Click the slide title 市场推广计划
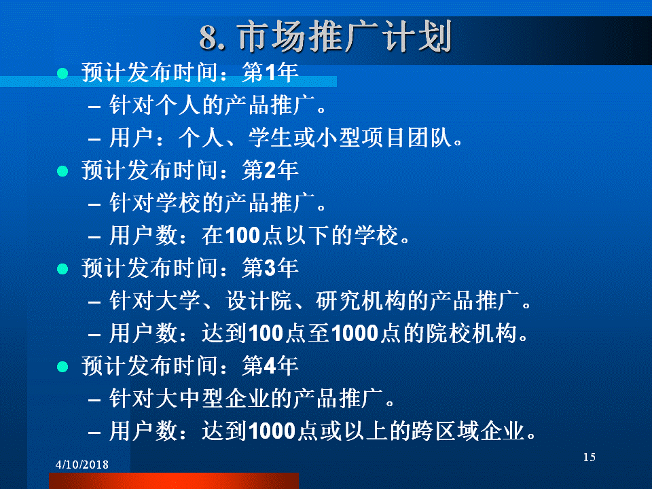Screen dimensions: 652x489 345,37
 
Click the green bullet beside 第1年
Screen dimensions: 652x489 62,73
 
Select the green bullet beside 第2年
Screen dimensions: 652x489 62,171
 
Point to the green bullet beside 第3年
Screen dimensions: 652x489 62,269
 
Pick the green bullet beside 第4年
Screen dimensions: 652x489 62,366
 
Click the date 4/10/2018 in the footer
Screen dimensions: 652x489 82,465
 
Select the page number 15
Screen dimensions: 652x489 590,457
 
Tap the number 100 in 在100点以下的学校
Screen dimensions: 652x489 243,236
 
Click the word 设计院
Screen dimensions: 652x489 259,300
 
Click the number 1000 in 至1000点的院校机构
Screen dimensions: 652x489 355,333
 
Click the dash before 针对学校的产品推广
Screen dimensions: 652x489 94,204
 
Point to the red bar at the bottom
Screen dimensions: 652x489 174,481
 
